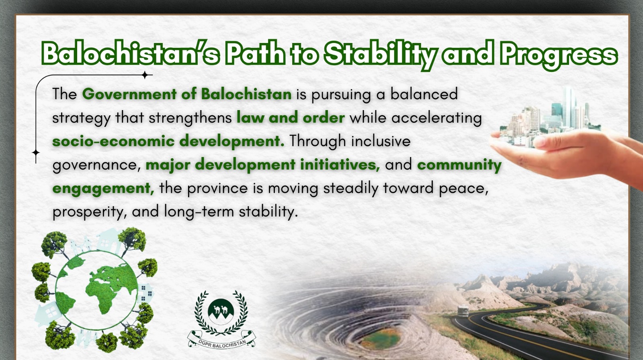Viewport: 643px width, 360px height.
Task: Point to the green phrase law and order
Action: coord(291,117)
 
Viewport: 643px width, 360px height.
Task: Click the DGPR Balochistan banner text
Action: coord(222,342)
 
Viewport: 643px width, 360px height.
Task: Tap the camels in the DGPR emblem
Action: coord(221,309)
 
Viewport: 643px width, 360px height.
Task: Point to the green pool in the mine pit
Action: coord(380,339)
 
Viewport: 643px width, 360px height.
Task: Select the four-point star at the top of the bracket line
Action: coord(145,75)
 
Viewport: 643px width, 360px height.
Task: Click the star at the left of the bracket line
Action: coord(36,153)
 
